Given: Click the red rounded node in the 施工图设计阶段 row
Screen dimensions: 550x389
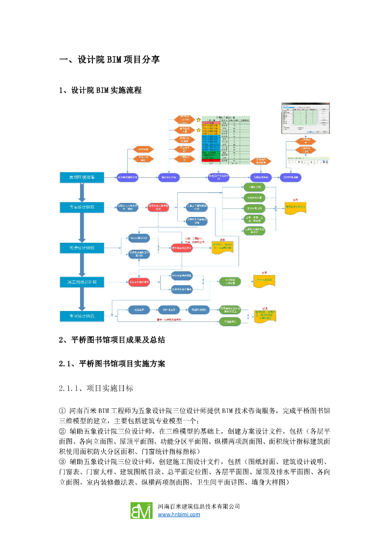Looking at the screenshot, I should (139, 281).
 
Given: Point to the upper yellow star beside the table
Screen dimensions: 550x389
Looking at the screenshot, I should (198, 120).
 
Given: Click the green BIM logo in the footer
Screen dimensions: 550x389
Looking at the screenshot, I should (141, 510).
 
